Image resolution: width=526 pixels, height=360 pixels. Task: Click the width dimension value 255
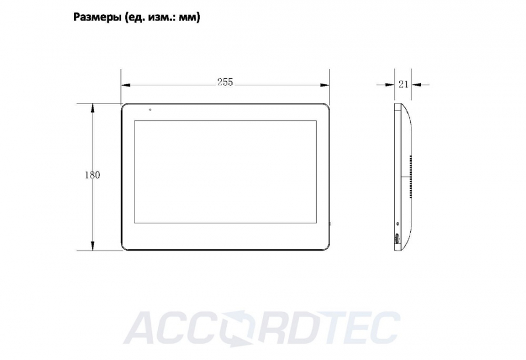pyautogui.click(x=225, y=82)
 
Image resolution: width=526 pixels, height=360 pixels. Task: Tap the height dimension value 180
pyautogui.click(x=92, y=175)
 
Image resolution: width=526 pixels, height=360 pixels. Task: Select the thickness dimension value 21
pyautogui.click(x=403, y=84)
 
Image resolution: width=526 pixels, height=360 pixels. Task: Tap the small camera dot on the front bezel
pyautogui.click(x=150, y=109)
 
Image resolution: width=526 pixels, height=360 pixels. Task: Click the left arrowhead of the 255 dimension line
pyautogui.click(x=126, y=85)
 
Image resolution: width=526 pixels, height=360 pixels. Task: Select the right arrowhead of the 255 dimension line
pyautogui.click(x=325, y=85)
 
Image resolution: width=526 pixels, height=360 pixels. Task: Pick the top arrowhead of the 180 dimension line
pyautogui.click(x=92, y=108)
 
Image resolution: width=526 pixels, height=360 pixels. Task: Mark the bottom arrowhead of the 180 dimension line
pyautogui.click(x=92, y=245)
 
